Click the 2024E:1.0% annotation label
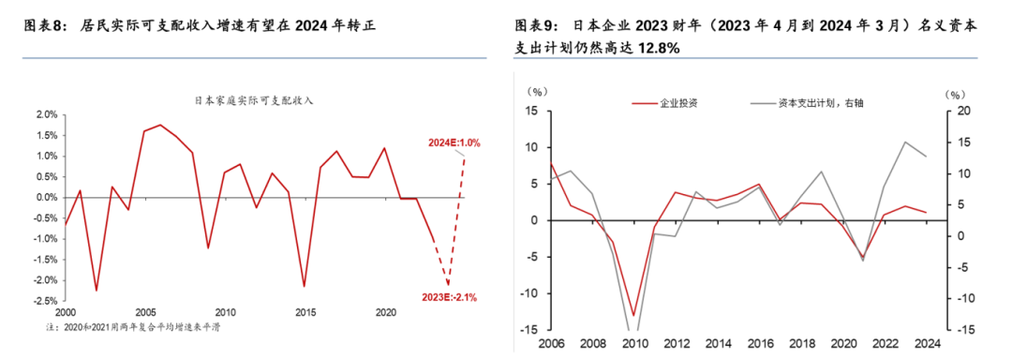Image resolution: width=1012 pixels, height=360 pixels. (x=455, y=143)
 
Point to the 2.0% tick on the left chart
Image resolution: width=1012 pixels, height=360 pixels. (x=46, y=114)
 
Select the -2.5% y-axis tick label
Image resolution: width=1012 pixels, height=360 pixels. (x=44, y=301)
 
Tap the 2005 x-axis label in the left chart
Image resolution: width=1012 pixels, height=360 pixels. (x=145, y=312)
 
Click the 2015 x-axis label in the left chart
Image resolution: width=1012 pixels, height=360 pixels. (x=305, y=312)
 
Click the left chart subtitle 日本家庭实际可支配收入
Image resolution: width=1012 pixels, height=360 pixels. (x=253, y=99)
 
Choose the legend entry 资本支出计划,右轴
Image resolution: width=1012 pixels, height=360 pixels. (x=820, y=103)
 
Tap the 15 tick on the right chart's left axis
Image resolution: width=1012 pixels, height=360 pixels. (x=532, y=112)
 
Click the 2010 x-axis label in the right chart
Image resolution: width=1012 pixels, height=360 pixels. (x=634, y=343)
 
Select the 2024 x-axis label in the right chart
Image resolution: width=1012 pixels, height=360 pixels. (x=927, y=343)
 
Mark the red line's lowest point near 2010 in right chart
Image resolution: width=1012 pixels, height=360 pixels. (x=633, y=316)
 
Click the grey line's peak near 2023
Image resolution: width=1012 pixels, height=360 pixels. (x=905, y=142)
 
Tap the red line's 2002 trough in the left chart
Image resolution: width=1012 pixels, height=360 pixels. (x=96, y=291)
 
